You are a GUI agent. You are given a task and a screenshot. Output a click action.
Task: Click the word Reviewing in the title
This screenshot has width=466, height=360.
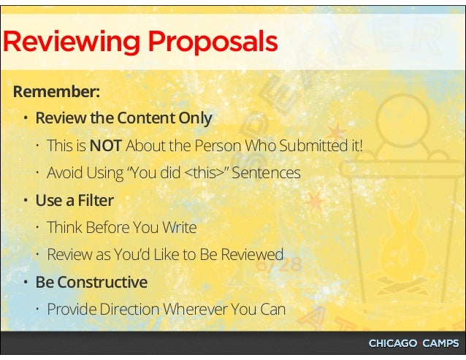pos(72,42)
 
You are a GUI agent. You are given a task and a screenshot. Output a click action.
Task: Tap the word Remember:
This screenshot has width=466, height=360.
pos(56,93)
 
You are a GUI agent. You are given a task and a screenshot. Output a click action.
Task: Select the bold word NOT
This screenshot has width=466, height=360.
pos(105,146)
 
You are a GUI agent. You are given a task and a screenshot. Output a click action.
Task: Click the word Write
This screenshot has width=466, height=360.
pos(180,227)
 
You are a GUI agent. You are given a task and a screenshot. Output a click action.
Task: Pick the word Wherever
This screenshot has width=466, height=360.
pos(194,308)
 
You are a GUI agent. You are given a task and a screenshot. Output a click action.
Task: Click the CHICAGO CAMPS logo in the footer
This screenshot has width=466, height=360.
pos(413,343)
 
